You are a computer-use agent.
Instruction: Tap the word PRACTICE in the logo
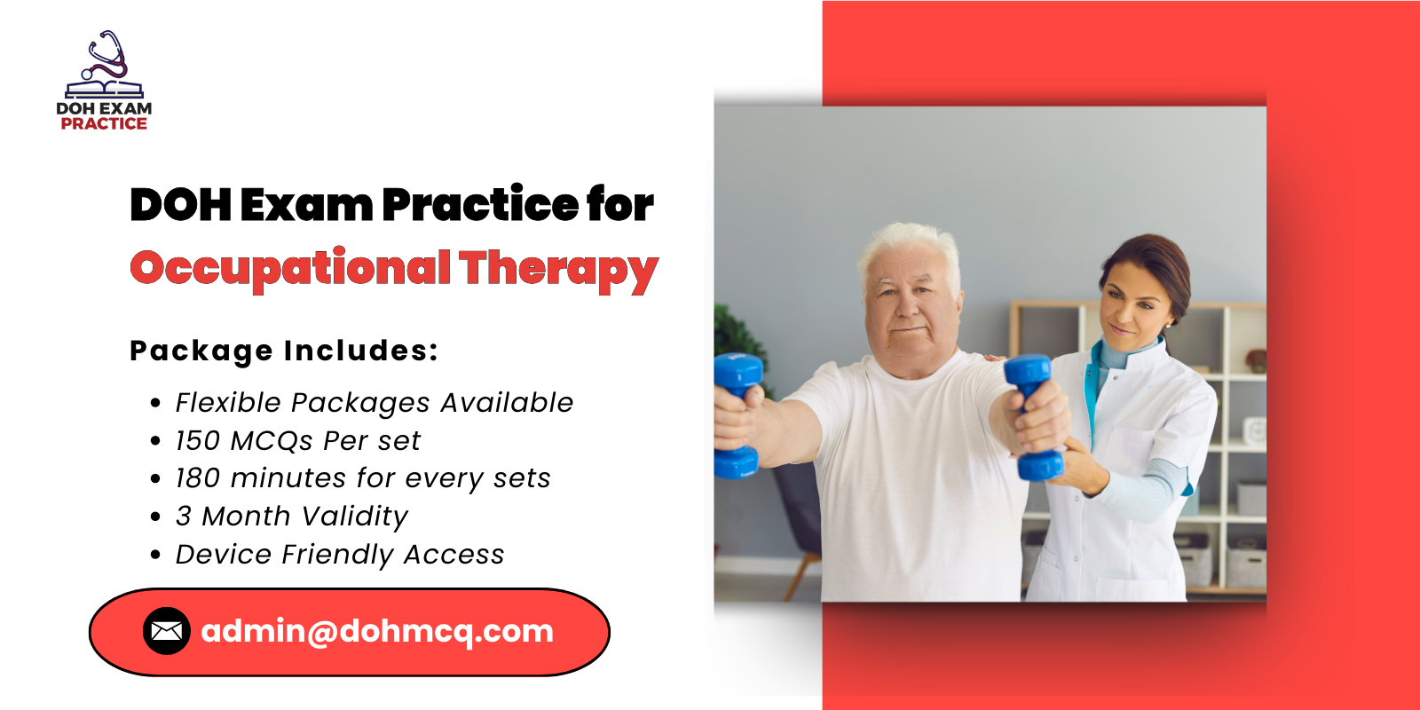point(104,124)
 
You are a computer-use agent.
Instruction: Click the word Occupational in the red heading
point(290,268)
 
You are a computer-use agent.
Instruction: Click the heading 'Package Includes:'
point(284,351)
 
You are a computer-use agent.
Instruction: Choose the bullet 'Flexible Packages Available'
point(374,403)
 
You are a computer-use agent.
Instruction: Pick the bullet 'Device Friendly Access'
point(339,555)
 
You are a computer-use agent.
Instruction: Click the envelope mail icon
point(167,631)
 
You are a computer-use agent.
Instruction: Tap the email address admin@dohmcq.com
point(377,631)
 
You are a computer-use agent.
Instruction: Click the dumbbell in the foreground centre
point(1032,417)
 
